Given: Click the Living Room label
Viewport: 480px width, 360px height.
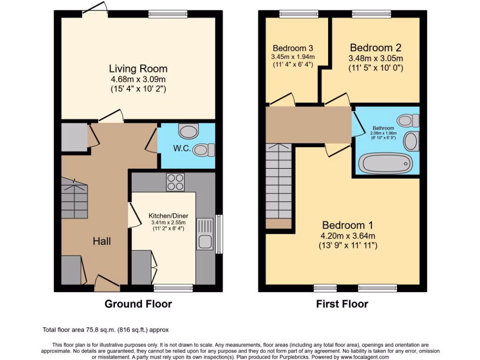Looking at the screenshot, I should [138, 68].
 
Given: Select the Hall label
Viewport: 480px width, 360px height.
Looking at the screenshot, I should [102, 241].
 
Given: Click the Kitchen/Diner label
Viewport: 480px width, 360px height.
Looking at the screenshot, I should [162, 216].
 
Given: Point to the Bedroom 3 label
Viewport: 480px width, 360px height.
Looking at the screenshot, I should [292, 48].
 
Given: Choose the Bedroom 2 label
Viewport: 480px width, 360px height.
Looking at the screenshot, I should [375, 48].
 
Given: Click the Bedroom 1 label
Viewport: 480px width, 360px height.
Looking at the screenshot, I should [343, 225].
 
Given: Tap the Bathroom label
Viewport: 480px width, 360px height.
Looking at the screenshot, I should [383, 128].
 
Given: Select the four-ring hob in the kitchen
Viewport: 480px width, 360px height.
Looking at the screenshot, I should [176, 182].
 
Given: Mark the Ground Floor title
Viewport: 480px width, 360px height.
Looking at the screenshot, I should [138, 304].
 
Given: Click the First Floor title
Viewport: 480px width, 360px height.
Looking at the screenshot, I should [342, 304].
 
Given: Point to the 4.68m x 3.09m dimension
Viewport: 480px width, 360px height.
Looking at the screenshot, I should [138, 79].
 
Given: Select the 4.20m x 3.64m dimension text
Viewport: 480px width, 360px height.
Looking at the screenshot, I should [343, 235].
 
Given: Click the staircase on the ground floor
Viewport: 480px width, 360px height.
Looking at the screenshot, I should [74, 198].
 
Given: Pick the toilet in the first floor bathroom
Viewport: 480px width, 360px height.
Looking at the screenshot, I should [408, 120].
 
